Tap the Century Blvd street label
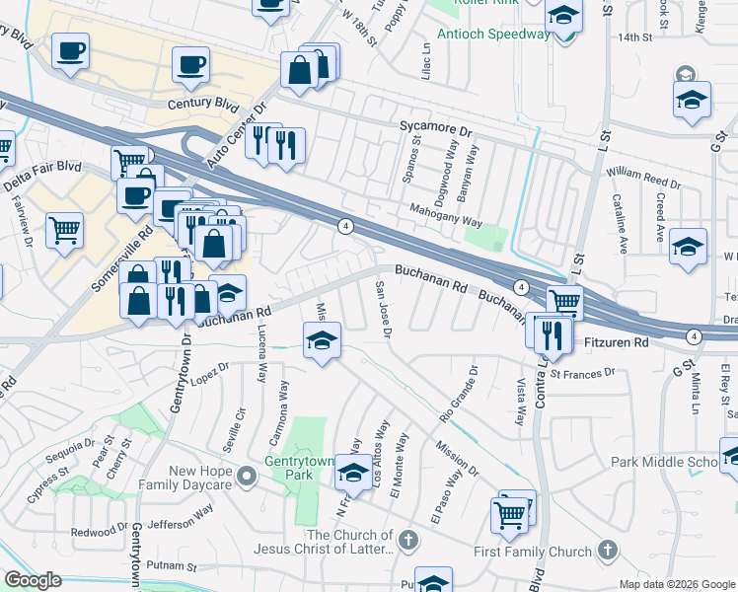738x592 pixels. coord(204,103)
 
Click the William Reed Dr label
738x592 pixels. coord(643,178)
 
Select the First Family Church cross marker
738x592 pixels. coord(609,551)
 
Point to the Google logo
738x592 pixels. coord(33,580)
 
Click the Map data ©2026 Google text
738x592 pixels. coord(677,584)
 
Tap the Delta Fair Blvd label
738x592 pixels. coord(41,169)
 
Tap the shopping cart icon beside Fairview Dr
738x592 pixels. coord(64,230)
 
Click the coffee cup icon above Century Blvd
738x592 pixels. coord(190,65)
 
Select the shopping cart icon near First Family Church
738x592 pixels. coord(509,513)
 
